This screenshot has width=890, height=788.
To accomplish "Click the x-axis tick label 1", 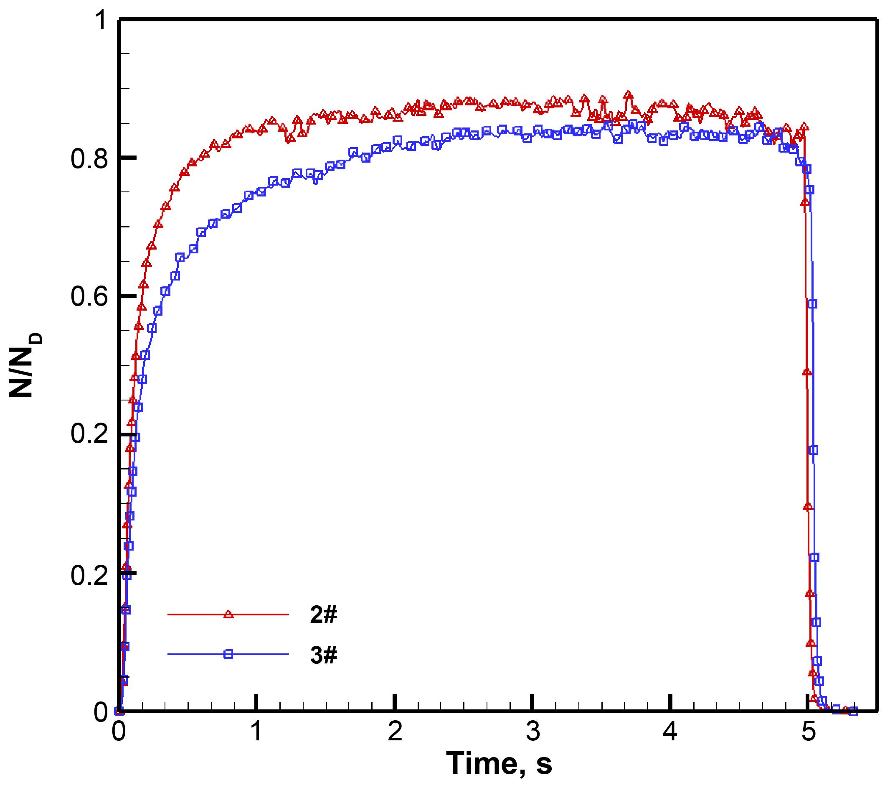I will (256, 731).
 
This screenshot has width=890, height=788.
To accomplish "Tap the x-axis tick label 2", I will (395, 731).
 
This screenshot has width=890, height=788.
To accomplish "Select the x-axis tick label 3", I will (532, 731).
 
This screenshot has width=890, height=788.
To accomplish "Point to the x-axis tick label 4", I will (670, 731).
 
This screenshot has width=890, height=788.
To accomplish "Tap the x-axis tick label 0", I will (119, 731).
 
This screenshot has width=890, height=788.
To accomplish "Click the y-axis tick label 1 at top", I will (101, 20).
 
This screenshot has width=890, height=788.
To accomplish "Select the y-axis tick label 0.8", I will (89, 159).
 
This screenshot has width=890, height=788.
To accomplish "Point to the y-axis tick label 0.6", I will (89, 297).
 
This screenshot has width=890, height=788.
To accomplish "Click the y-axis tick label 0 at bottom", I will (101, 712).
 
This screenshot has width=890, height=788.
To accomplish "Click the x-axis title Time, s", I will (499, 764).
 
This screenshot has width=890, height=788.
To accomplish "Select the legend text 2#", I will (324, 615).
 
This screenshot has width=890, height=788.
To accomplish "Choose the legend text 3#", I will (324, 655).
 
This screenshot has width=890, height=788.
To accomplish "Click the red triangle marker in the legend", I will (228, 615).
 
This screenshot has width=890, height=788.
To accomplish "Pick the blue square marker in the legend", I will (228, 654).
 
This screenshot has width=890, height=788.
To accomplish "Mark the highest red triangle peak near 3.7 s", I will (627, 95).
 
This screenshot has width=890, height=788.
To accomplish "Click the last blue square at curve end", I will (853, 711).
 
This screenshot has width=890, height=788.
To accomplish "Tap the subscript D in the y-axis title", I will (37, 338).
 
